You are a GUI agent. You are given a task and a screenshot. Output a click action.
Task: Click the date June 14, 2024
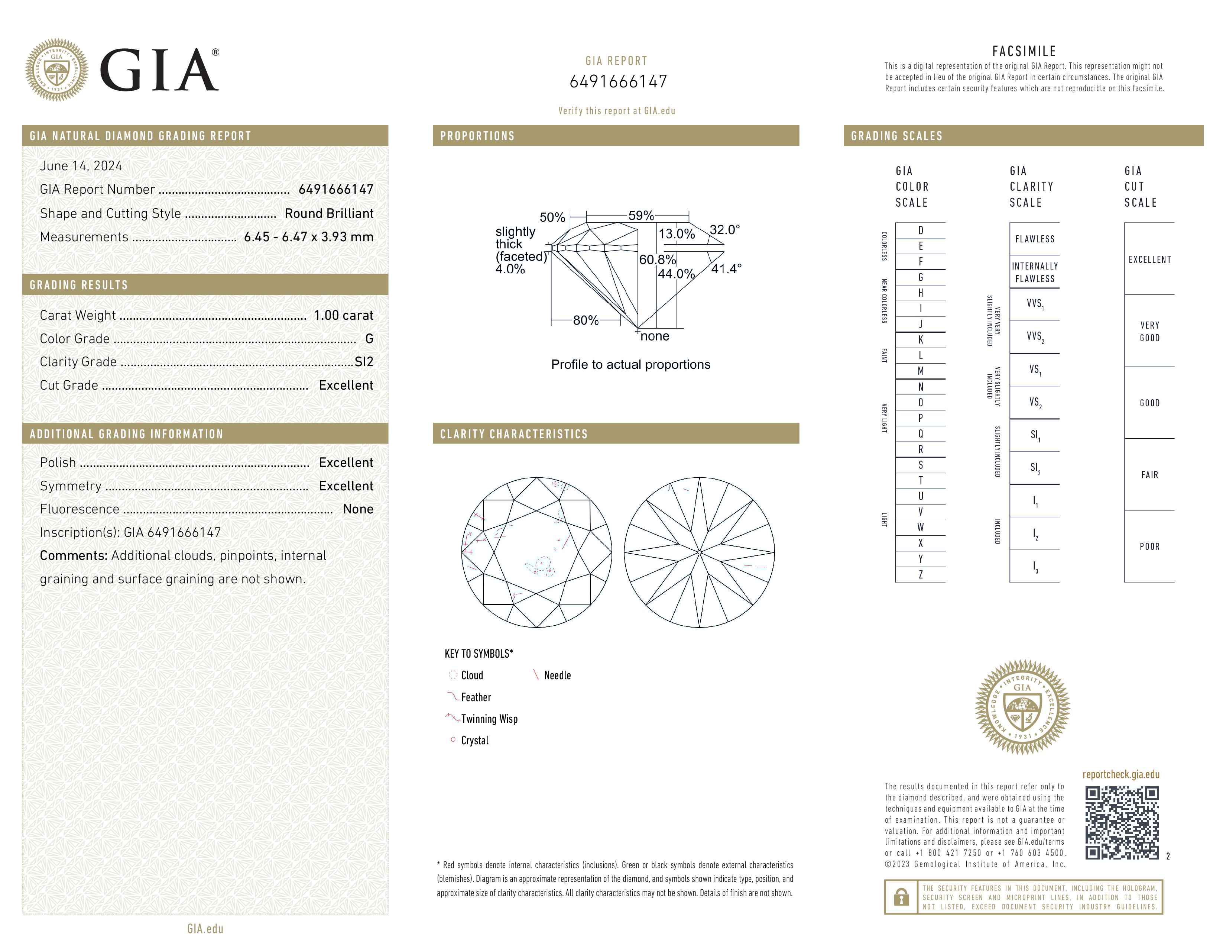click(x=81, y=166)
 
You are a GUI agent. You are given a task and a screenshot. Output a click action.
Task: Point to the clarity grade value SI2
click(x=364, y=362)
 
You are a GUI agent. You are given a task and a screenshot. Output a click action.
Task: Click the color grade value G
click(x=369, y=339)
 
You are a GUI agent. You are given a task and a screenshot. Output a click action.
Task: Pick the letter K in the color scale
click(x=921, y=340)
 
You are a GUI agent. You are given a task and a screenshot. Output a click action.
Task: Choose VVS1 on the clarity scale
click(x=1035, y=304)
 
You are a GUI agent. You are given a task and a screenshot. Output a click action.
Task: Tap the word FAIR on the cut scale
click(x=1149, y=475)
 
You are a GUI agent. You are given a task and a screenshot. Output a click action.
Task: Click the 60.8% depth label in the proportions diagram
click(x=657, y=259)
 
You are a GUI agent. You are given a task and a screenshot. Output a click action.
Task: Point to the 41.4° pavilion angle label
click(x=726, y=269)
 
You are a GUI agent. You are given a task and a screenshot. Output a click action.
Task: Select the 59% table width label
click(x=640, y=216)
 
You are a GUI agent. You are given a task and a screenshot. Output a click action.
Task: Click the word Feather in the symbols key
click(x=476, y=697)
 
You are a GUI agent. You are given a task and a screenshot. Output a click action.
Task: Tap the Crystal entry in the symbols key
click(x=475, y=740)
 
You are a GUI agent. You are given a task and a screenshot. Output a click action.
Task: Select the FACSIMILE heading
click(x=1024, y=51)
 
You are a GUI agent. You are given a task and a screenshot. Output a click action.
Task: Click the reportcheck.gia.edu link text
click(x=1120, y=774)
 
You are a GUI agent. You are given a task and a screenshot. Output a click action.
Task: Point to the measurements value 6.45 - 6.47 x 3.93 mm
click(x=309, y=237)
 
